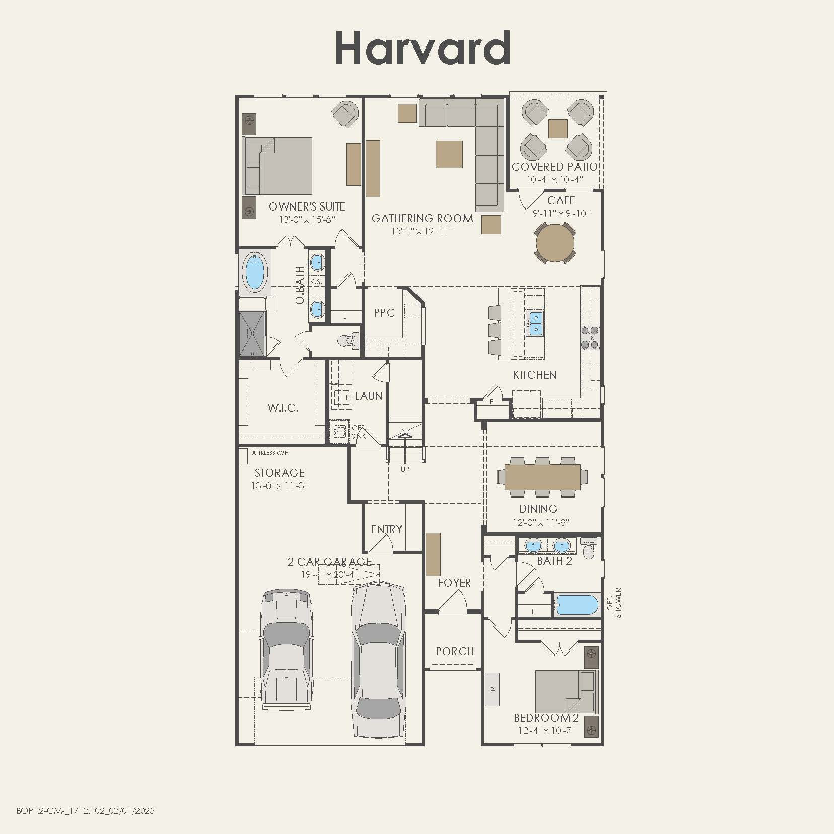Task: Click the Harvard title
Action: coord(422,48)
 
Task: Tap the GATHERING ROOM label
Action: coord(422,218)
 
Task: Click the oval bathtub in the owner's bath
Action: coord(255,272)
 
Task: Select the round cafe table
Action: coord(555,244)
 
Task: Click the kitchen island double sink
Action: coord(535,324)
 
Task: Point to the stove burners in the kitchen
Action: coord(590,338)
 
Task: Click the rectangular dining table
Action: coord(542,476)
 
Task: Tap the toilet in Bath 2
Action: coord(588,550)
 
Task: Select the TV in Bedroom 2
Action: coord(492,689)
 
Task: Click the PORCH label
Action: coord(455,651)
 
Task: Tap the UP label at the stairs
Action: coord(405,469)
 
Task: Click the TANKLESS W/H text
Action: coord(269,453)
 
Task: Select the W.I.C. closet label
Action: coord(283,408)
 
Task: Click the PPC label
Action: coord(384,313)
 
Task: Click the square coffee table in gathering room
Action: coord(449,154)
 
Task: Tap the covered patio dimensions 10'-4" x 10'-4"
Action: coord(555,179)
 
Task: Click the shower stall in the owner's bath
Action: coord(252,333)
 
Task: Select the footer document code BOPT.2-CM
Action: coord(85,811)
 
